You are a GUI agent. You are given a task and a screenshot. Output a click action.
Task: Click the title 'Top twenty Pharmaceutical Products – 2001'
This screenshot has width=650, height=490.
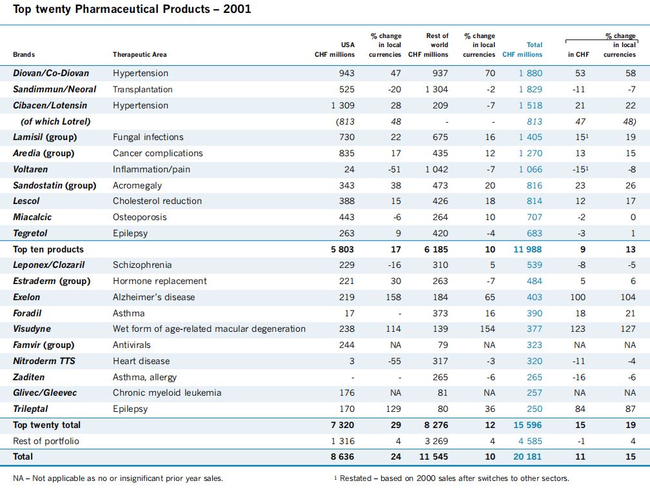(132, 9)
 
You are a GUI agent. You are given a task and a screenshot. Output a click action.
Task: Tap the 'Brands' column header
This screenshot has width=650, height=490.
(24, 55)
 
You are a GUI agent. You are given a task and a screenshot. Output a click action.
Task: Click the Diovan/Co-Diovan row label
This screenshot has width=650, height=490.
(51, 74)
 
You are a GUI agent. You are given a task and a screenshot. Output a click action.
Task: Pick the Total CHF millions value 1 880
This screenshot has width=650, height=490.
(530, 74)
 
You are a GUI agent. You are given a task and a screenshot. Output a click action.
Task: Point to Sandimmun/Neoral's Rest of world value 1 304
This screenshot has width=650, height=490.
(437, 90)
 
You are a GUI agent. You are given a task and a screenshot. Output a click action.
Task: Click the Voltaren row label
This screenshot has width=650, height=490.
(30, 170)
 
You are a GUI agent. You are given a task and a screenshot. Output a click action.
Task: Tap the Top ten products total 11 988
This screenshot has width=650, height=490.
(527, 249)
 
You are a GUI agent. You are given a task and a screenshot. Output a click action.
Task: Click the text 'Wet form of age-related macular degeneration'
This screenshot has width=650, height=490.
(209, 329)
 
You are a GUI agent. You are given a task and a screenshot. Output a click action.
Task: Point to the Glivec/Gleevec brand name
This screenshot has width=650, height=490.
(44, 393)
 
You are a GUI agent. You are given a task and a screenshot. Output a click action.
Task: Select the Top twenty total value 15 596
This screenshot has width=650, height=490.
(527, 425)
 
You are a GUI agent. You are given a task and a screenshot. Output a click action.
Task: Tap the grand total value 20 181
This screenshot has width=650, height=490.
(527, 457)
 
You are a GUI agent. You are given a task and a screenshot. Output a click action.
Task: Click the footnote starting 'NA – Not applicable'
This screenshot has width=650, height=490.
(118, 478)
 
